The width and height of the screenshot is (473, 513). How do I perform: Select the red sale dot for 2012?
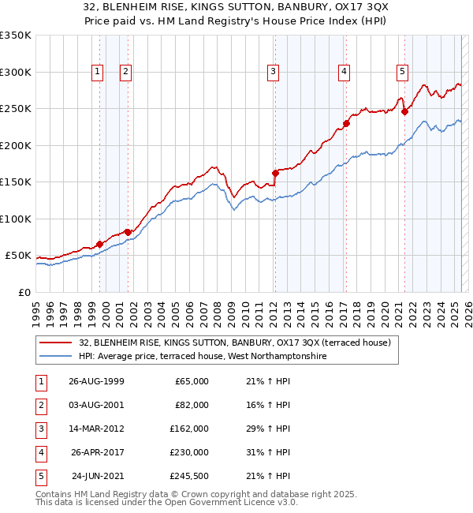[x=275, y=173]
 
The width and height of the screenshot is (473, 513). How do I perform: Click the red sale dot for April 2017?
[x=346, y=123]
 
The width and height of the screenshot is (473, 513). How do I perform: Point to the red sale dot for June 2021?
[x=404, y=111]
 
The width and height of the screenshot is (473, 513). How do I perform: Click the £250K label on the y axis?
[x=16, y=109]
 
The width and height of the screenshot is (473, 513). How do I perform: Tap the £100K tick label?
[x=16, y=219]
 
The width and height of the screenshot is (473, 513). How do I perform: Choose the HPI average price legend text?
[x=203, y=357]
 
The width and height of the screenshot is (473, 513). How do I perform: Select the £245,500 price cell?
[x=189, y=476]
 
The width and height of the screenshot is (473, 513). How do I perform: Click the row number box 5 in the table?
[x=39, y=476]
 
